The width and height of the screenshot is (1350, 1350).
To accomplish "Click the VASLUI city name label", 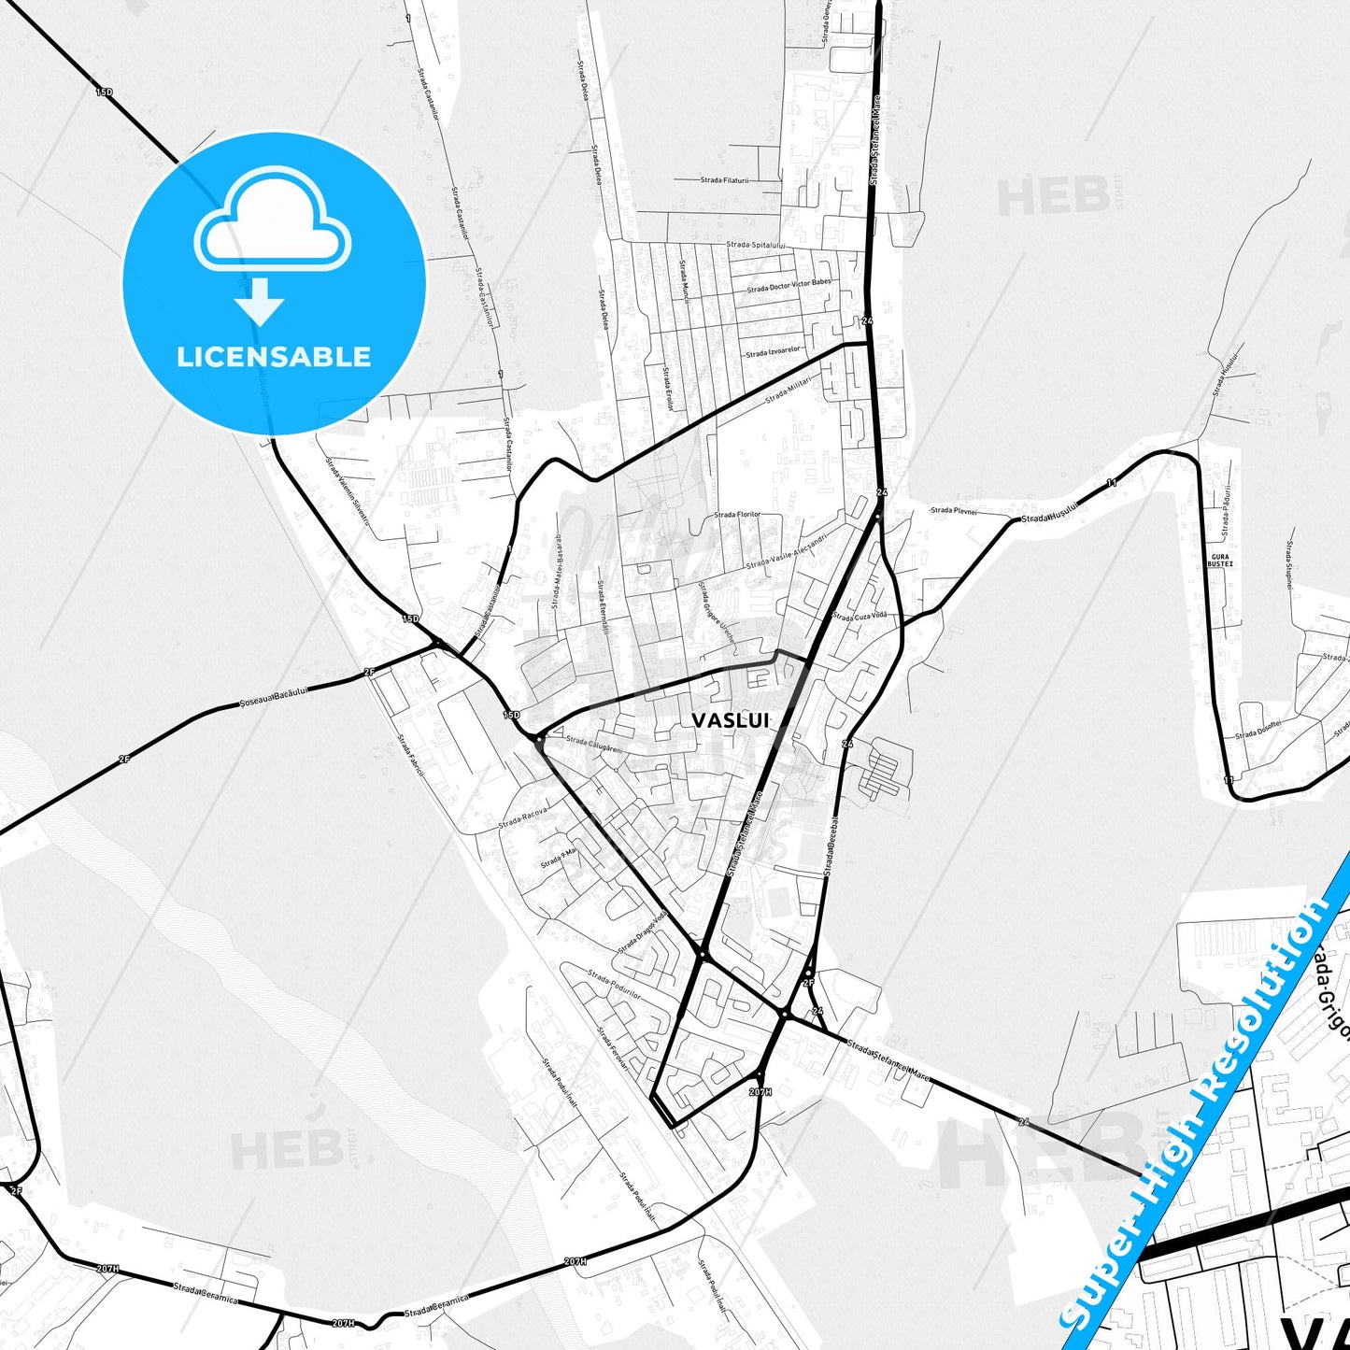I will tap(731, 719).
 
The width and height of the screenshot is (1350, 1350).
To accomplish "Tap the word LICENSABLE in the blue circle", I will tap(274, 357).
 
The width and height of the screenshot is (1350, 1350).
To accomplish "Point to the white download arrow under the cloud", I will tap(260, 301).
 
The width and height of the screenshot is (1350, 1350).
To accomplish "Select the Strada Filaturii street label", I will tap(724, 179).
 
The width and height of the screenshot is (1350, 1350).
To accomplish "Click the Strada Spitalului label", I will tap(755, 245).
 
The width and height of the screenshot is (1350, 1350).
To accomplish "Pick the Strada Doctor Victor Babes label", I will tap(789, 285).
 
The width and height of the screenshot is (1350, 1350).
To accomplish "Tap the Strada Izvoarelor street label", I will tap(774, 351).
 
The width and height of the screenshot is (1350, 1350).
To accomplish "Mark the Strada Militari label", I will tap(789, 393).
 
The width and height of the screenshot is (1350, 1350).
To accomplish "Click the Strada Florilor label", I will tap(737, 514).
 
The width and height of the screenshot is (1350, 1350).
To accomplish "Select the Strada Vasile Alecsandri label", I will tap(787, 551).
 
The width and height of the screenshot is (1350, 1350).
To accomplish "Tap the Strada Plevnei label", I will tap(953, 510).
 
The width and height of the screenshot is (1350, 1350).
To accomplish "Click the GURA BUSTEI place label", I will tap(1220, 561).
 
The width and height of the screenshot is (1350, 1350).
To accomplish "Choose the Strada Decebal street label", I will tap(831, 846).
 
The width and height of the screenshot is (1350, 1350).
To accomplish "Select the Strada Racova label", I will tap(522, 818).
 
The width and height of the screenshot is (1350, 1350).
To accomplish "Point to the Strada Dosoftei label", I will tap(1258, 730).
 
